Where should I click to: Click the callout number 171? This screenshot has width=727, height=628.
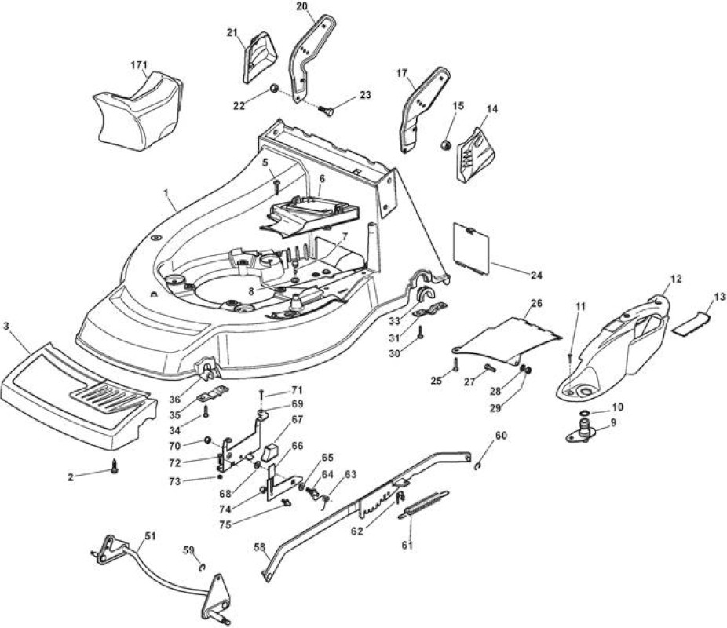[138, 64]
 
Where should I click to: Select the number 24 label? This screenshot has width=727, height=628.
[536, 276]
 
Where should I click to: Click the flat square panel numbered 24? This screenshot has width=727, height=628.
[471, 249]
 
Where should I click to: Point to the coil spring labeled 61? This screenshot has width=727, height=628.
[423, 505]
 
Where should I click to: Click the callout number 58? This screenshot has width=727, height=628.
[260, 547]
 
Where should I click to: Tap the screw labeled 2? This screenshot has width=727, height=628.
[114, 466]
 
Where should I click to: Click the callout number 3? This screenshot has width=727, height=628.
[6, 327]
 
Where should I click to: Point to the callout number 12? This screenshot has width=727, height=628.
[677, 279]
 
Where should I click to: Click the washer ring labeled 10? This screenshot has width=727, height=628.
[585, 413]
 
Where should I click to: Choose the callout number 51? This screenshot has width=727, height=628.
[150, 536]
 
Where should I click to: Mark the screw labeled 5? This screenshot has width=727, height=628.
[277, 188]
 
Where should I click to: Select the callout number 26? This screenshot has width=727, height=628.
[536, 303]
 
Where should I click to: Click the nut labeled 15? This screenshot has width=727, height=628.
[446, 144]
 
